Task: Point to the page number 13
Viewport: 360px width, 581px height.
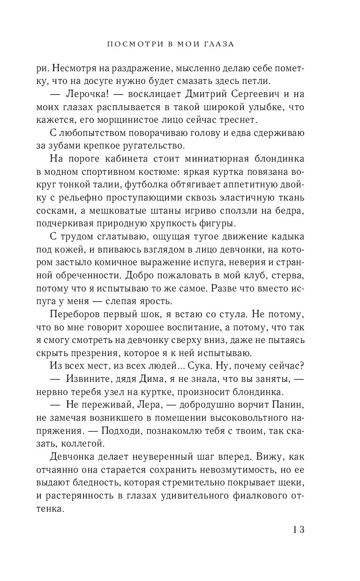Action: click(299, 529)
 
